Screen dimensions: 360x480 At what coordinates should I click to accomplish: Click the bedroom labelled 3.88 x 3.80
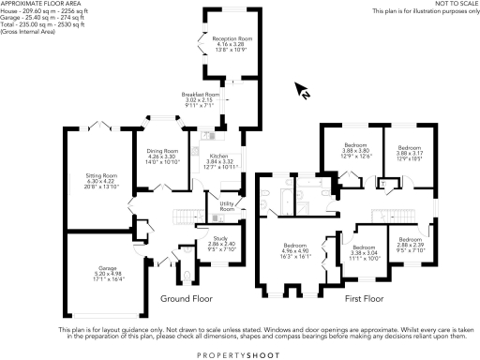[357, 153]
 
